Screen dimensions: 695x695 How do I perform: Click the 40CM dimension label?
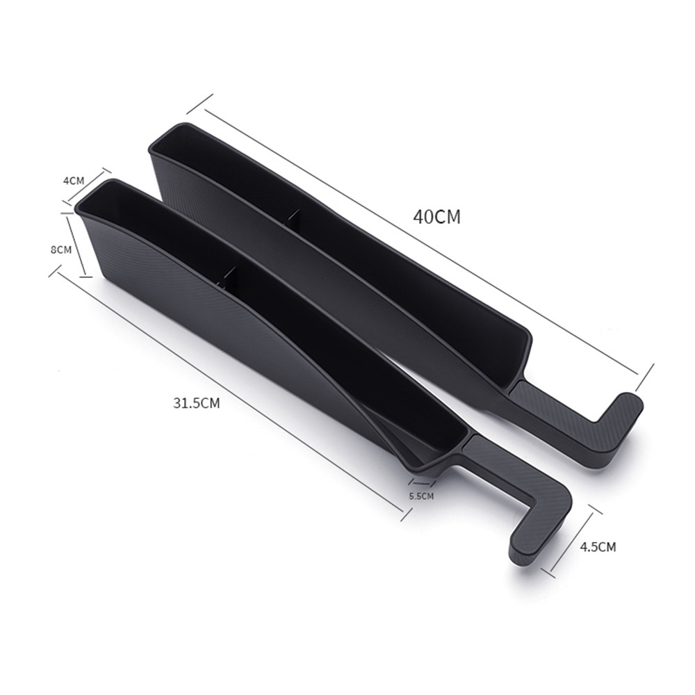(x=437, y=217)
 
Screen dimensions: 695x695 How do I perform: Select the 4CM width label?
(x=74, y=181)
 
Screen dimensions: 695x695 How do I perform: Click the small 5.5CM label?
(x=421, y=496)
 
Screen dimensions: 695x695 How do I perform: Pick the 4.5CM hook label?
(x=598, y=546)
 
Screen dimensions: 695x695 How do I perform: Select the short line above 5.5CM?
(x=422, y=482)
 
